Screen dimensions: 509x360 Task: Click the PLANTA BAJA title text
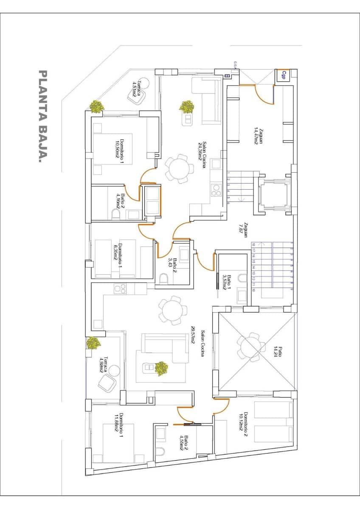coord(42,117)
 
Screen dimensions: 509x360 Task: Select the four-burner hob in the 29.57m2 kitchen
coord(121,289)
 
